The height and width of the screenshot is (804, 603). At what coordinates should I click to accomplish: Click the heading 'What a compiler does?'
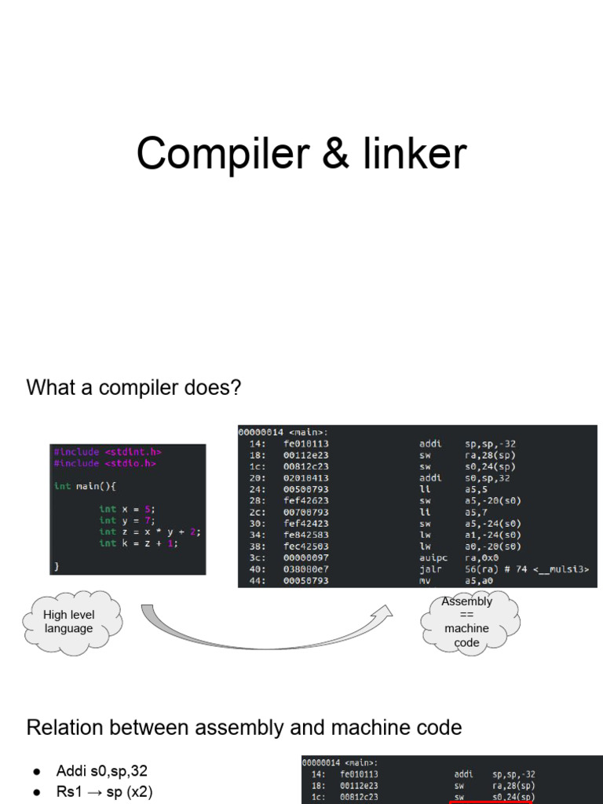click(x=133, y=388)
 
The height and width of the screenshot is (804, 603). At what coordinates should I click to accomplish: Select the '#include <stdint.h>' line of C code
click(x=108, y=451)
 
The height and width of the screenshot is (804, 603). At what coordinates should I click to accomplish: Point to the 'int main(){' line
click(x=85, y=486)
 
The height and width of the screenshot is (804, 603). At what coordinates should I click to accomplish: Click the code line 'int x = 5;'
click(x=126, y=509)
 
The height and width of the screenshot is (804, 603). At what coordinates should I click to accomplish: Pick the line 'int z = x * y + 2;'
click(x=149, y=532)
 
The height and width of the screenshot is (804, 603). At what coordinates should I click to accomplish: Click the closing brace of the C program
click(x=57, y=565)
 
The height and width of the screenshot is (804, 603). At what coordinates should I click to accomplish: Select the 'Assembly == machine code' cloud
click(x=466, y=622)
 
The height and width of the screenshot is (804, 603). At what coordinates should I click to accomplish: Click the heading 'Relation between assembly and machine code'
click(x=243, y=728)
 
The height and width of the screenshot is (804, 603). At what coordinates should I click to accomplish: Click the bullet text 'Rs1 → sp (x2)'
click(x=104, y=792)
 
